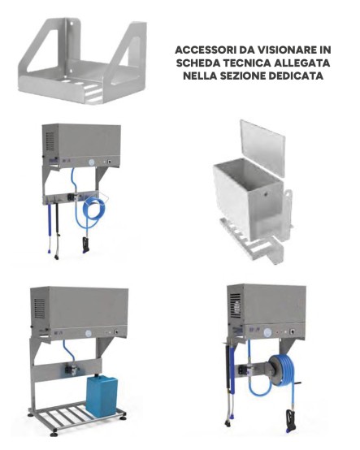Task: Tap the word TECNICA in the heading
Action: point(241,63)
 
